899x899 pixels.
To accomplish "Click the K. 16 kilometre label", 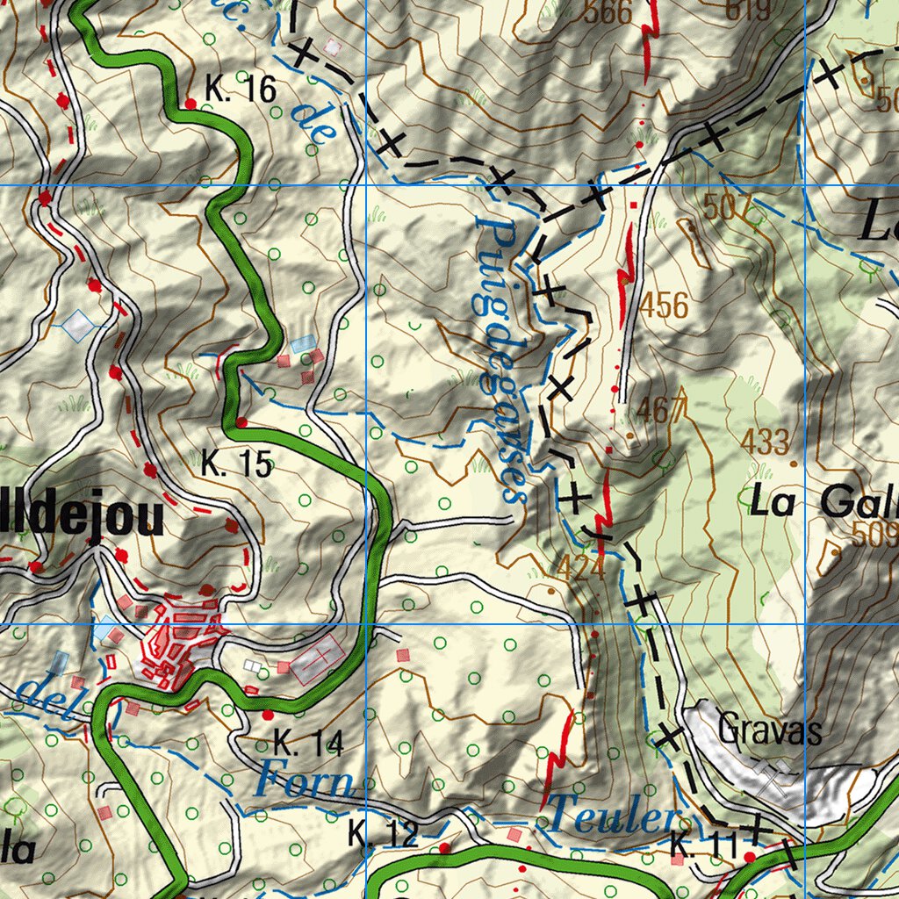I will coord(241,88).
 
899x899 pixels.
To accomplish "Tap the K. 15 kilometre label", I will coord(236,464).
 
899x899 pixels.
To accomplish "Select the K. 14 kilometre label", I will coord(307,743).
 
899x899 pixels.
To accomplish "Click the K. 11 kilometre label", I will coord(704,846).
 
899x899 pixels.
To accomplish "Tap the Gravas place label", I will coord(770,729).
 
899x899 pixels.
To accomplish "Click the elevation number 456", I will coord(664,306).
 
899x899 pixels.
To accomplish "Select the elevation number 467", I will coord(661,411).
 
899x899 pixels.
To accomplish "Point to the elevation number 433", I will coord(765,442).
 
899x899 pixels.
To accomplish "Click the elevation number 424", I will coord(580,569).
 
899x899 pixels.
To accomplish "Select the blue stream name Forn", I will coord(306,780).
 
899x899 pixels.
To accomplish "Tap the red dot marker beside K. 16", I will coord(191,104).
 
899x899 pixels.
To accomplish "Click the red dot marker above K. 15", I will coord(241,422).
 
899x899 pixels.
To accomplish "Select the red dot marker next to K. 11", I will coord(749,856).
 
